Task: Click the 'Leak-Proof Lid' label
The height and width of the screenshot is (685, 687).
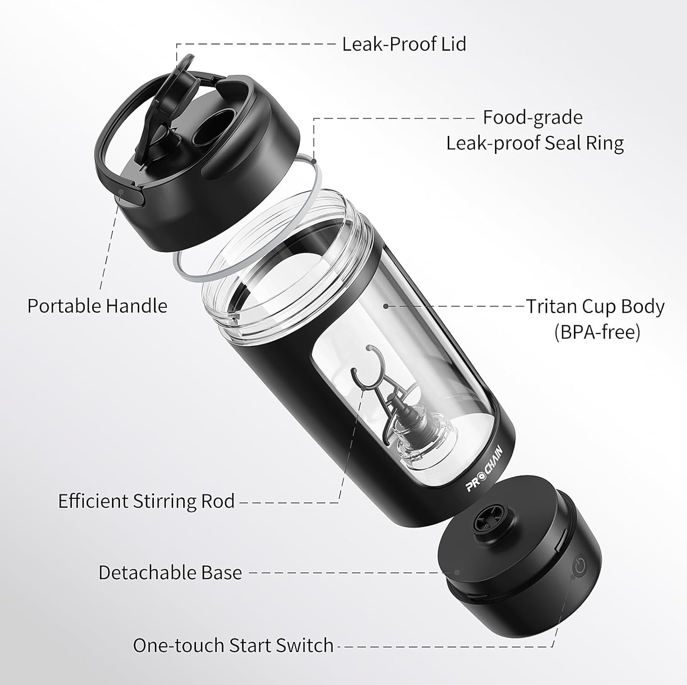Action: click(x=404, y=44)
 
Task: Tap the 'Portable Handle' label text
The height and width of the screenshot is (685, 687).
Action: click(x=97, y=306)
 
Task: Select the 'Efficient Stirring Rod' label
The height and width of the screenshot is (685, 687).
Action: click(x=147, y=501)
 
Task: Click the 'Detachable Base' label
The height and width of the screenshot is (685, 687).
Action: click(x=170, y=572)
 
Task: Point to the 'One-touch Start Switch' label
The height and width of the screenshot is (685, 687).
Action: click(x=233, y=645)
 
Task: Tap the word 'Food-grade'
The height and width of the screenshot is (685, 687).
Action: click(x=533, y=118)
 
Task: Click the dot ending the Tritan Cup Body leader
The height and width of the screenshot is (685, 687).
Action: click(x=386, y=306)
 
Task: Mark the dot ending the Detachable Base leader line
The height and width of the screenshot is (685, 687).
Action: click(x=457, y=572)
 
